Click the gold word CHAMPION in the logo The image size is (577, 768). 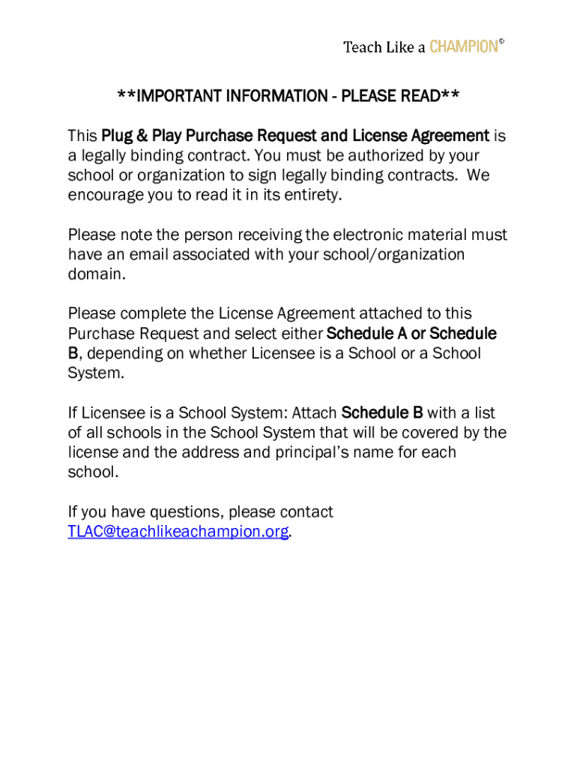pos(463,47)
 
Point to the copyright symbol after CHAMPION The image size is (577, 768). pos(501,42)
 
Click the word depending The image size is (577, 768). pos(125,353)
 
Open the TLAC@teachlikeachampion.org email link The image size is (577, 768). pos(178,532)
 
